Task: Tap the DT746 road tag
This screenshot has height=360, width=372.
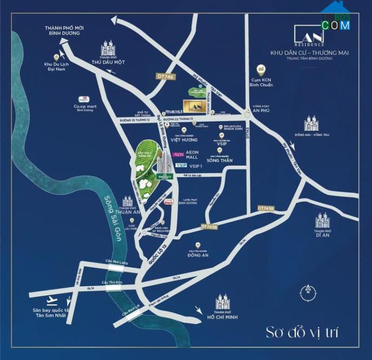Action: coord(166,76)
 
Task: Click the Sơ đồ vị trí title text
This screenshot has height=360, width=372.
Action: coord(302,333)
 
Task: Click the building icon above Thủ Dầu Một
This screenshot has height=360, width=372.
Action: coord(109,47)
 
